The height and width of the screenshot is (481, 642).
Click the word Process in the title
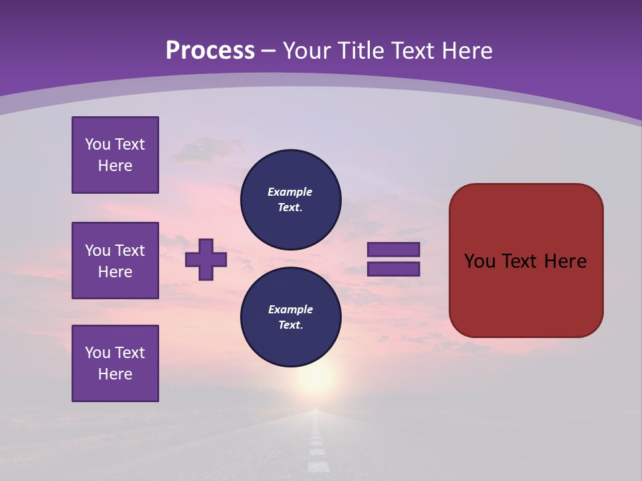click(x=210, y=51)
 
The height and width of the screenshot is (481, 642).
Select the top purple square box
click(x=115, y=155)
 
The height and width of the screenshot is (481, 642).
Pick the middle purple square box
click(x=115, y=261)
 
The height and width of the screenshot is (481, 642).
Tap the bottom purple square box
click(x=115, y=363)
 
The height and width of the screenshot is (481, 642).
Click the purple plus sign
click(x=206, y=259)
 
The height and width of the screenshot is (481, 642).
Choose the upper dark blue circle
click(x=291, y=200)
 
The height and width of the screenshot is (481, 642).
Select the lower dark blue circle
click(x=291, y=317)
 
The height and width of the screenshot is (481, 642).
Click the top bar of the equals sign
click(x=394, y=249)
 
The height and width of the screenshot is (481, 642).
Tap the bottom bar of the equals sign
click(x=394, y=269)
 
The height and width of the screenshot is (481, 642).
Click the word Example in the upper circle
click(x=290, y=192)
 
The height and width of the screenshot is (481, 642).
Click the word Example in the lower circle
click(x=290, y=309)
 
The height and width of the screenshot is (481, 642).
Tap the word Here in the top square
click(x=115, y=166)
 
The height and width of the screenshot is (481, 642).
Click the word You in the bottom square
click(x=98, y=353)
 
